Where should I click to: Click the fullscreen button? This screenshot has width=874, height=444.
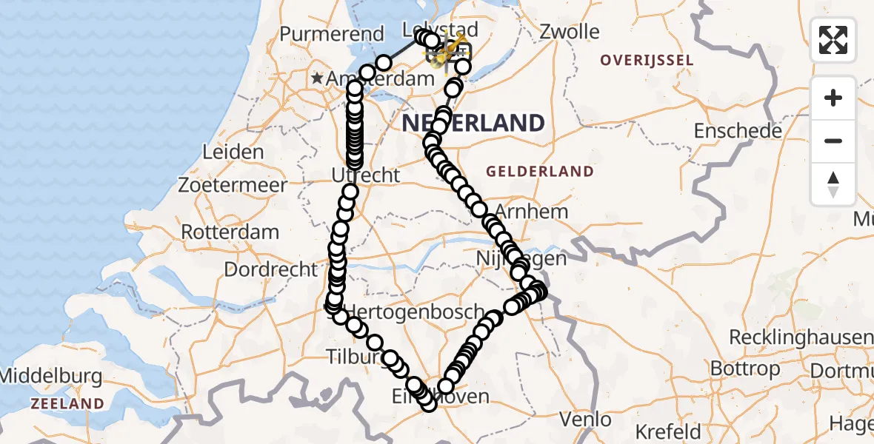tap(833, 40)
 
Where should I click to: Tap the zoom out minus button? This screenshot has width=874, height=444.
tap(833, 141)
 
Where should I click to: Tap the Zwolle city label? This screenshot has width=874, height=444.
tap(570, 32)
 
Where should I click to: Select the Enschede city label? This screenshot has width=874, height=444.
tap(738, 131)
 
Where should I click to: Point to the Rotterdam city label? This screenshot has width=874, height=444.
tap(230, 231)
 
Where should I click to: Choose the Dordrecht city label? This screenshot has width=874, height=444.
tap(271, 269)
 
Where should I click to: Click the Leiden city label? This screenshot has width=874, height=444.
tap(233, 152)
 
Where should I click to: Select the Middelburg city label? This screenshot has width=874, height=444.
tap(50, 376)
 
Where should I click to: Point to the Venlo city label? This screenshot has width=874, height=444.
tap(585, 420)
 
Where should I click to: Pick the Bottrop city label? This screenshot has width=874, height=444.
tap(744, 368)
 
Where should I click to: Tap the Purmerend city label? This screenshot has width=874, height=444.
tap(332, 34)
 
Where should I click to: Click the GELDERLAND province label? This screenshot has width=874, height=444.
tap(540, 172)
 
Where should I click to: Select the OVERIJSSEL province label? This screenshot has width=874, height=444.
tap(647, 60)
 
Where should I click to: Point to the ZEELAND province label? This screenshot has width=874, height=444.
tap(67, 403)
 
